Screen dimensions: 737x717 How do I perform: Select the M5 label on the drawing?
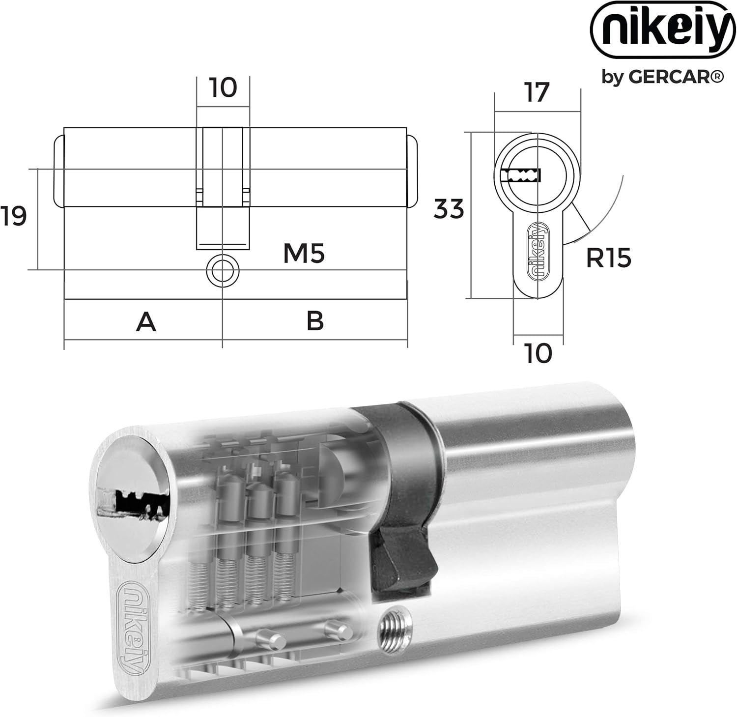304,254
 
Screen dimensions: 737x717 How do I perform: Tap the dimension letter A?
146,322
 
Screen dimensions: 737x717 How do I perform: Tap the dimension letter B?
315,321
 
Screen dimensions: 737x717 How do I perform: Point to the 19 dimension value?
13,217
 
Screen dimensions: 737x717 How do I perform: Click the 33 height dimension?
449,209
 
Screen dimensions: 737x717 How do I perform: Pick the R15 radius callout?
608,258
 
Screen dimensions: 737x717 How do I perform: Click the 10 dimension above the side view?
223,88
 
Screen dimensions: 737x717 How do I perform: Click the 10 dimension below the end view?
539,353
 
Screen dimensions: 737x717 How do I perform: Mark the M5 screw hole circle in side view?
222,270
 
